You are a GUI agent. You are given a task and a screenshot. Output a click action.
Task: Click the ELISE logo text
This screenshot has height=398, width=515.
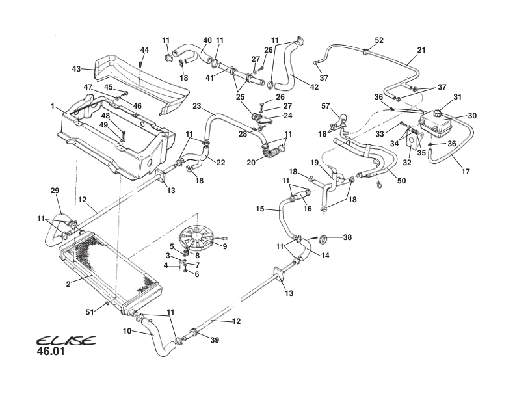[x=65, y=341]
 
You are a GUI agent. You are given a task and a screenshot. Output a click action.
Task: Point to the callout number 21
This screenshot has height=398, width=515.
[x=421, y=50]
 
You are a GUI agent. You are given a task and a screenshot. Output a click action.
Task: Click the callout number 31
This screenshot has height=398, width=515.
[x=456, y=97]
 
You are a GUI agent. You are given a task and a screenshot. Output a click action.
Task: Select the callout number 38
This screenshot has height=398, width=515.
[x=347, y=238]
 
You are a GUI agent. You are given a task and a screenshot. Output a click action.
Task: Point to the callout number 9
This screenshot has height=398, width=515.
[x=225, y=246]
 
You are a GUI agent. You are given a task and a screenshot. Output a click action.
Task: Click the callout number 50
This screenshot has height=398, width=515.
[x=401, y=180]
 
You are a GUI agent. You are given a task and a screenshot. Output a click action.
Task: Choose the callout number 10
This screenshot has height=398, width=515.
[x=128, y=331]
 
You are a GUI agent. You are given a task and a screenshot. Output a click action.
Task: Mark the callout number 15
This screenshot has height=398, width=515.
[x=259, y=209]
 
